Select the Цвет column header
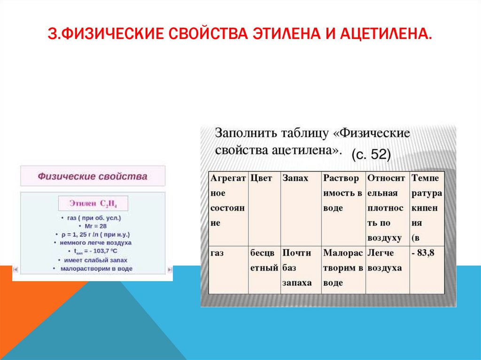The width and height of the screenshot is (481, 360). click(261, 179)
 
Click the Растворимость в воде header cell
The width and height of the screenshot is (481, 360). click(343, 193)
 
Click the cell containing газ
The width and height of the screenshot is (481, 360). click(217, 253)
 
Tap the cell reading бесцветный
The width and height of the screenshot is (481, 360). click(264, 260)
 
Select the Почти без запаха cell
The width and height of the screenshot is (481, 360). click(297, 268)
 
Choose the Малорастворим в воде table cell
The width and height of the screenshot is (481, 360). click(343, 268)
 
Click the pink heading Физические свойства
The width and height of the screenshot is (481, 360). click(93, 176)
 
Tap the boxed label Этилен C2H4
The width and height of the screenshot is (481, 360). click(93, 204)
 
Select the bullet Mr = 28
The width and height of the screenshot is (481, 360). click(92, 226)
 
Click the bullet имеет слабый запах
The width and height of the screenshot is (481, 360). click(93, 260)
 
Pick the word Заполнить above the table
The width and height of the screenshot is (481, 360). click(245, 133)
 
